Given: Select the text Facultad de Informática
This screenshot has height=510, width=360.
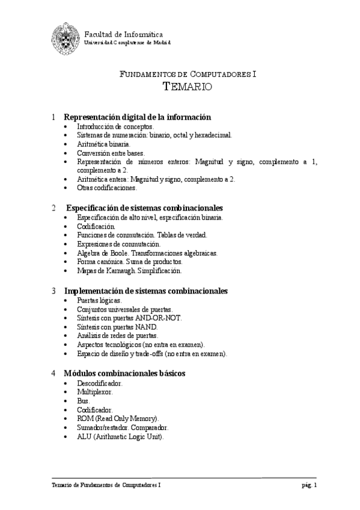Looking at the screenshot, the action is (123, 34).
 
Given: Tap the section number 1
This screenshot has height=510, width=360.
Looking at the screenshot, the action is (54, 117).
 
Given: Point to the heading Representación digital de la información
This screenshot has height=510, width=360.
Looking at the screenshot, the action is (137, 117).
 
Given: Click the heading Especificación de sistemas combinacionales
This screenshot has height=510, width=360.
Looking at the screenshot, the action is (144, 208).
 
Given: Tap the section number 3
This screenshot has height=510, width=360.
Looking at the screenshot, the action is (54, 290).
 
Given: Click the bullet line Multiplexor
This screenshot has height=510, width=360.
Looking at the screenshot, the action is (95, 392).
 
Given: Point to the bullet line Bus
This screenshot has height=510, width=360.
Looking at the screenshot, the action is (84, 401).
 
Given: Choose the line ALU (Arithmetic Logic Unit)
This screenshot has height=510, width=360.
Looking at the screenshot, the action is (120, 437).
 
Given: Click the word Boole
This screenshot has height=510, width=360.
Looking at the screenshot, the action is (118, 253).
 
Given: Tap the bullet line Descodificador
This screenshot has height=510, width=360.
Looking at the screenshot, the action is (100, 382).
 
